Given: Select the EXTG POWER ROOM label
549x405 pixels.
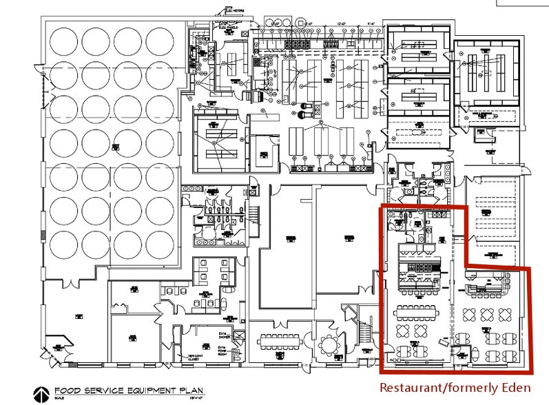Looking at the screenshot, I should tap(222, 349).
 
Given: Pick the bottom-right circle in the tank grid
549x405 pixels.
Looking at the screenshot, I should tap(160, 243).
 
